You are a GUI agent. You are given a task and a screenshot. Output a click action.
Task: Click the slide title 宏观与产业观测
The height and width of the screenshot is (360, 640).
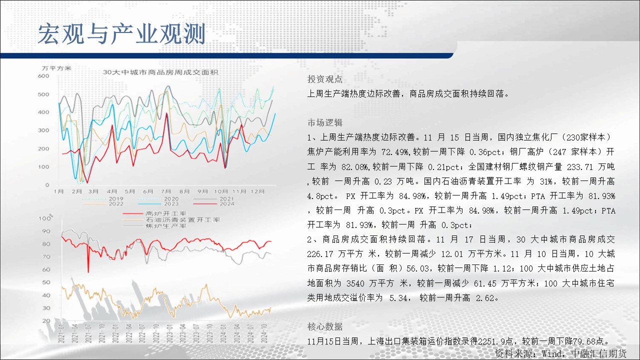click(x=121, y=34)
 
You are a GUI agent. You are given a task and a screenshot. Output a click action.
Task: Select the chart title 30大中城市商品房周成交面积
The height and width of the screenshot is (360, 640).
click(x=160, y=72)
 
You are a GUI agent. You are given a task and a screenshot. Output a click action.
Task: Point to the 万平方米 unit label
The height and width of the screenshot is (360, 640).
click(x=56, y=68)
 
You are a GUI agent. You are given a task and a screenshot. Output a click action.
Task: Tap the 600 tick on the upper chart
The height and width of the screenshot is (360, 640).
click(x=43, y=76)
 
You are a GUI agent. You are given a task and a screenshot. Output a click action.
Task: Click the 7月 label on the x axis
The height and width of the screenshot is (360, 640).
click(x=166, y=191)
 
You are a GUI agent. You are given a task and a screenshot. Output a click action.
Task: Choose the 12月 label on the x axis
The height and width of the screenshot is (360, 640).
click(x=257, y=191)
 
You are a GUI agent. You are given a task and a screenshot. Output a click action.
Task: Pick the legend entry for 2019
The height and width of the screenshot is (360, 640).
click(x=102, y=198)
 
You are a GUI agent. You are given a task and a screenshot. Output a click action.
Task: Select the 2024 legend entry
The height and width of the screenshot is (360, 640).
click(x=213, y=203)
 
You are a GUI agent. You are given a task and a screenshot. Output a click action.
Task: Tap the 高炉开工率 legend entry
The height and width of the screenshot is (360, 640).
click(x=154, y=213)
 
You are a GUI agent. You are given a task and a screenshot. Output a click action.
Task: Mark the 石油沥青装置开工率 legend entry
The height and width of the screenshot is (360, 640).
click(x=171, y=219)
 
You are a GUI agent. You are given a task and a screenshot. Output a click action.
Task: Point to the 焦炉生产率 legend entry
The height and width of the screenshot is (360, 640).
click(x=154, y=226)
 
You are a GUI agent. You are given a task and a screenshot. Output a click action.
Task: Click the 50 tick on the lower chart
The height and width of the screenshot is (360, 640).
click(x=46, y=282)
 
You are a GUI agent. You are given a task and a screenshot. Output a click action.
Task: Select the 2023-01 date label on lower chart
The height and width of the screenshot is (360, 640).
click(x=169, y=333)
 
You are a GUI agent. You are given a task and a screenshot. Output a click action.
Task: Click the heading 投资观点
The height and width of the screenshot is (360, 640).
click(x=325, y=79)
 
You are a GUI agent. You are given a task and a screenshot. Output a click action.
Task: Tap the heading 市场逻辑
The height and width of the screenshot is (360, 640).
click(x=325, y=122)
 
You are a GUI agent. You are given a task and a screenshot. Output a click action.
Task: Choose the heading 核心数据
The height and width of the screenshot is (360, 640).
click(x=325, y=326)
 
